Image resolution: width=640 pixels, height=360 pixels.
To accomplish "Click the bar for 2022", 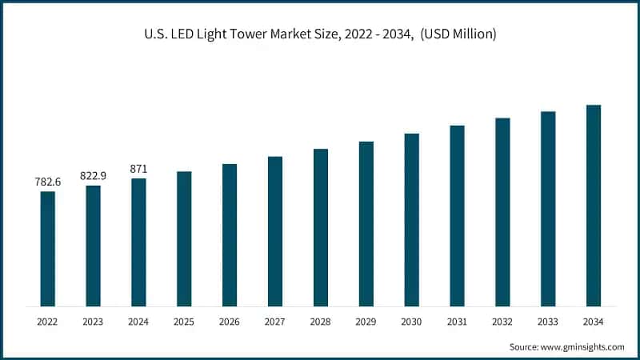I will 48,249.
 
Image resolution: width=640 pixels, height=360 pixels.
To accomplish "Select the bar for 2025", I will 184,238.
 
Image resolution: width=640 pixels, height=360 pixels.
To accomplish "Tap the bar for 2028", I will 321,227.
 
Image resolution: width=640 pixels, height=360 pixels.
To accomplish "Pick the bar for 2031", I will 457,216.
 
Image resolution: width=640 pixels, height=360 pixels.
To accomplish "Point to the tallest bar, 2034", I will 594,206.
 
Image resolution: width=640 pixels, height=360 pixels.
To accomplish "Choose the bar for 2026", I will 230,235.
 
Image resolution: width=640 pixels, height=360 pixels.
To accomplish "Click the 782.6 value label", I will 48,182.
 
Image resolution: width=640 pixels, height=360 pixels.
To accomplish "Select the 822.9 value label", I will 94,176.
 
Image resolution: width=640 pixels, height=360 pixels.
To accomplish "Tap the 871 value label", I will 139,169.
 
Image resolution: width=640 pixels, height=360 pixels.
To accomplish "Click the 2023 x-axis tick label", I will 94,321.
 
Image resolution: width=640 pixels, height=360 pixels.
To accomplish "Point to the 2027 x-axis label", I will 275,321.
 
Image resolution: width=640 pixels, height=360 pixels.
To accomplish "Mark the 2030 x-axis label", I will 411,321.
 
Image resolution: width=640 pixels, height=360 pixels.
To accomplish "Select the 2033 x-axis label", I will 548,321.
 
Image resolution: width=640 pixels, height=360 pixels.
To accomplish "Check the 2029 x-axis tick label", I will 366,321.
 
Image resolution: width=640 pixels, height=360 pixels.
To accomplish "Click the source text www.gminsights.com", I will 583,346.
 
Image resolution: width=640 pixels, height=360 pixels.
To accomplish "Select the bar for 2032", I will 502,212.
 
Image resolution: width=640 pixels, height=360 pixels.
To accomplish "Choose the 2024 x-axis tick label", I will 139,321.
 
